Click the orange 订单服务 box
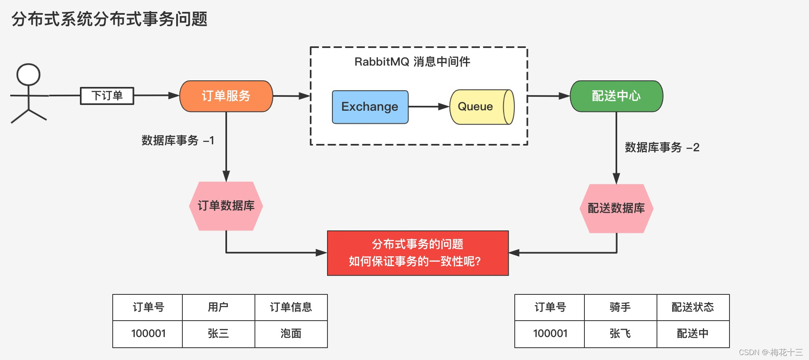(x=226, y=96)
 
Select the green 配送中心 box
(x=616, y=96)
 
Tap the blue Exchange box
(x=370, y=107)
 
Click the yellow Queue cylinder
(x=479, y=107)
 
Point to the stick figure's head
(x=28, y=75)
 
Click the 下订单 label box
(x=107, y=96)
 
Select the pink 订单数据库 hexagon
(x=226, y=206)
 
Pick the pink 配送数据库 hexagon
(x=616, y=208)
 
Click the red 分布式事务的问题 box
(x=418, y=253)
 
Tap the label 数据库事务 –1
(x=178, y=141)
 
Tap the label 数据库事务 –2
(x=662, y=148)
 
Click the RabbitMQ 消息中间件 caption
(x=412, y=62)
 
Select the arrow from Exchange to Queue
(x=428, y=107)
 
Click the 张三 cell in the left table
(x=218, y=334)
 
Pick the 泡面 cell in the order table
(x=291, y=334)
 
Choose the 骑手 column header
(x=620, y=307)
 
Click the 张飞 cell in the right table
(x=620, y=334)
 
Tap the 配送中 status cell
(x=693, y=334)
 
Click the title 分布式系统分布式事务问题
(x=109, y=19)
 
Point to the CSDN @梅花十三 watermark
(x=770, y=353)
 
